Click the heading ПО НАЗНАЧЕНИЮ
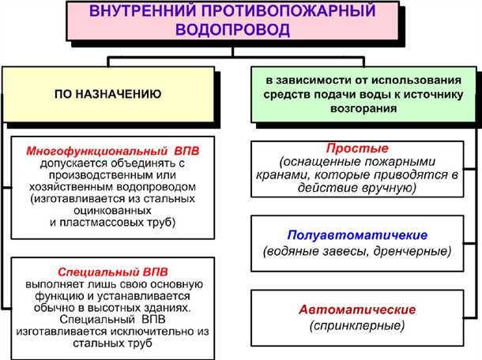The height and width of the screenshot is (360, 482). (x=107, y=94)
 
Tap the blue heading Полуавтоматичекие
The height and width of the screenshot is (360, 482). (x=356, y=235)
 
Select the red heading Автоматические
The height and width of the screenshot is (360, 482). (x=357, y=309)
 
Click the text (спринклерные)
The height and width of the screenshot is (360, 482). (x=357, y=324)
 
